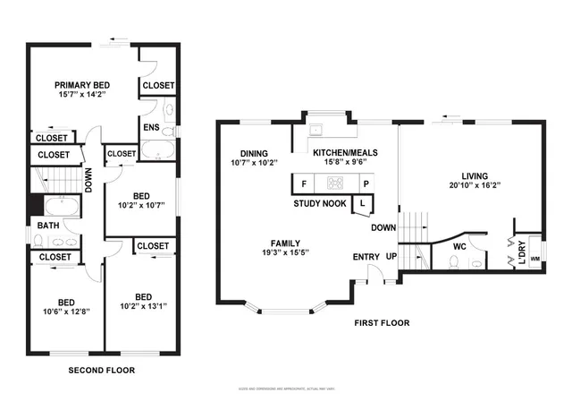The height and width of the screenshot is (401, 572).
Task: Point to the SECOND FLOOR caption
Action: pos(102,369)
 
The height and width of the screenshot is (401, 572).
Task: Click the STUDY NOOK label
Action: pos(321,204)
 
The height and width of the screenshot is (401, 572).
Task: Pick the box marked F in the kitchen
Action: pos(304,183)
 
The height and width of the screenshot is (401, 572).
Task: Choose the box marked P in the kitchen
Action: pos(365,183)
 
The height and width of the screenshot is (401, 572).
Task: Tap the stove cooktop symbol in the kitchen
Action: pos(334,183)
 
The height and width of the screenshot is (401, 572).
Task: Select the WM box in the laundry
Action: pos(534,259)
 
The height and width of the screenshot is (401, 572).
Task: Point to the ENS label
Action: pos(151,127)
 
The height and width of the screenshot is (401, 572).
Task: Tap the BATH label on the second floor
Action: pos(47,226)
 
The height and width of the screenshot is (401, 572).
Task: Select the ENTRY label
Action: pos(366,257)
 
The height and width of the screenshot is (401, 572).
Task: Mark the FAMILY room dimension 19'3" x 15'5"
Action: pos(286,253)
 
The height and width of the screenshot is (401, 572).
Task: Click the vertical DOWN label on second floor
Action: pos(88,182)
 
